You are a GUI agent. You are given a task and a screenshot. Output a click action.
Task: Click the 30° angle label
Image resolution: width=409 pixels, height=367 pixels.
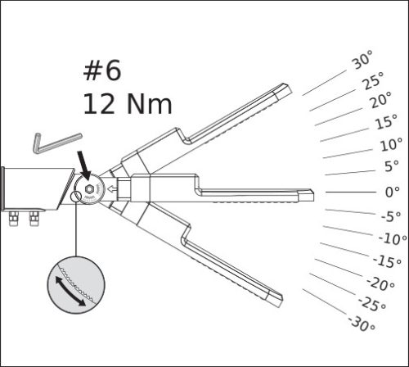click(362, 61)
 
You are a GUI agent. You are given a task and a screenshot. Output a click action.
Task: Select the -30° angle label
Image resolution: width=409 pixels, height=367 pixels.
click(361, 322)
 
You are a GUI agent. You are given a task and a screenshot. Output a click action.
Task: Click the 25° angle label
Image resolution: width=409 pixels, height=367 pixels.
click(372, 80)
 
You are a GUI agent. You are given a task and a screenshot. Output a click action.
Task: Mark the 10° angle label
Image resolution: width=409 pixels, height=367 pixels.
click(390, 145)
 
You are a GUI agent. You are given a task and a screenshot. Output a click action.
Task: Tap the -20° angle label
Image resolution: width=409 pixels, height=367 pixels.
click(380, 283)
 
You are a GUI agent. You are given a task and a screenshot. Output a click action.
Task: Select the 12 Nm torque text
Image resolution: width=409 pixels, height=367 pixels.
click(126, 103)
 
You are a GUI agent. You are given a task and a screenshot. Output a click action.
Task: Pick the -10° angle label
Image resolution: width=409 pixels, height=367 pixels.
click(393, 238)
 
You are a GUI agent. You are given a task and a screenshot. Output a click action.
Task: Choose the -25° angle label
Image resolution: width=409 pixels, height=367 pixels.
click(372, 304)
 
